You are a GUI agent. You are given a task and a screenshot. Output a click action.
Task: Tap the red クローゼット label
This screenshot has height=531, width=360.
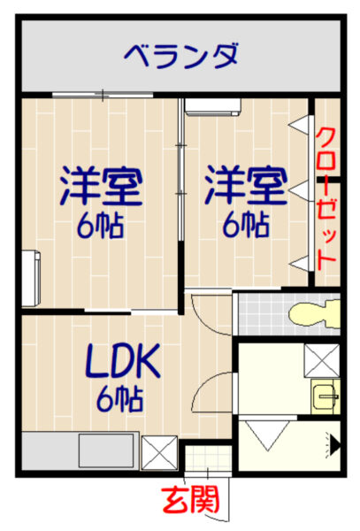(x=326, y=199)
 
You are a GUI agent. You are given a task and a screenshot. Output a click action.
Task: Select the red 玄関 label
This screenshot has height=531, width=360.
(x=190, y=500)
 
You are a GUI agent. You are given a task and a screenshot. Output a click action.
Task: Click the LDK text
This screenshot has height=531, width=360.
(x=123, y=361)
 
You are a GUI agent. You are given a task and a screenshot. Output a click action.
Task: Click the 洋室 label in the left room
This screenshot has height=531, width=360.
(x=101, y=187)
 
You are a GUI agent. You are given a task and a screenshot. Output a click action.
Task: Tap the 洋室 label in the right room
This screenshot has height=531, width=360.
(x=246, y=185)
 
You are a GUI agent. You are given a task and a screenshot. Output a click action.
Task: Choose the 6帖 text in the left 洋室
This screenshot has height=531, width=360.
(x=101, y=226)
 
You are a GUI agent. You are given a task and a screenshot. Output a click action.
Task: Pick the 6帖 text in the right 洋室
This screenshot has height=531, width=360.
(x=246, y=225)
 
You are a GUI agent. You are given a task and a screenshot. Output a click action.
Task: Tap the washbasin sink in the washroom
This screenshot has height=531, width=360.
(x=326, y=396)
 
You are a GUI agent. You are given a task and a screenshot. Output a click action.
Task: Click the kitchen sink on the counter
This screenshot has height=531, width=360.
(x=106, y=450)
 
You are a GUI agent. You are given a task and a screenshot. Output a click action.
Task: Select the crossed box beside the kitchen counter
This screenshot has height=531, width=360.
(x=159, y=453)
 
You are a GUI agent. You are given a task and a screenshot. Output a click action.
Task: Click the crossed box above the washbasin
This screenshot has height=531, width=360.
(x=321, y=361)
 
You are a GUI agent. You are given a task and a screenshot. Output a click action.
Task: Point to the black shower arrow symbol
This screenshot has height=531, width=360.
(x=334, y=445)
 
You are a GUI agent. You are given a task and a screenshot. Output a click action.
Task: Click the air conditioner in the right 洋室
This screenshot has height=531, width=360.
(x=212, y=107)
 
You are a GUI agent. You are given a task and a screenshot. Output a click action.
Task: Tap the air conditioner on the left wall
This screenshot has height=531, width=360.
(x=31, y=279)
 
